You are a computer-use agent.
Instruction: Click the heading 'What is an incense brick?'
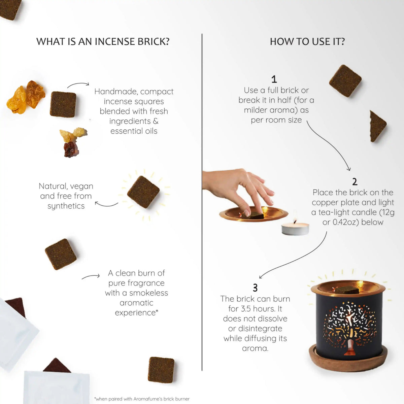tap(103, 41)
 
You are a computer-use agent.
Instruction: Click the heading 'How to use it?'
tap(307, 41)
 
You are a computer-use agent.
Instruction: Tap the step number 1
tap(274, 79)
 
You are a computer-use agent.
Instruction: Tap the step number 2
tap(355, 182)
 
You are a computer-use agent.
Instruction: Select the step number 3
tap(255, 288)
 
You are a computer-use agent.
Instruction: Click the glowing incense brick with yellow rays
tap(143, 192)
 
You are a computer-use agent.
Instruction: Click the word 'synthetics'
tap(66, 206)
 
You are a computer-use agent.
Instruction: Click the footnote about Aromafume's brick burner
tap(142, 399)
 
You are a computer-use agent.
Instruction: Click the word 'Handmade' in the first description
tap(115, 92)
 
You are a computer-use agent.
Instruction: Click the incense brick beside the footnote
tap(161, 370)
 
